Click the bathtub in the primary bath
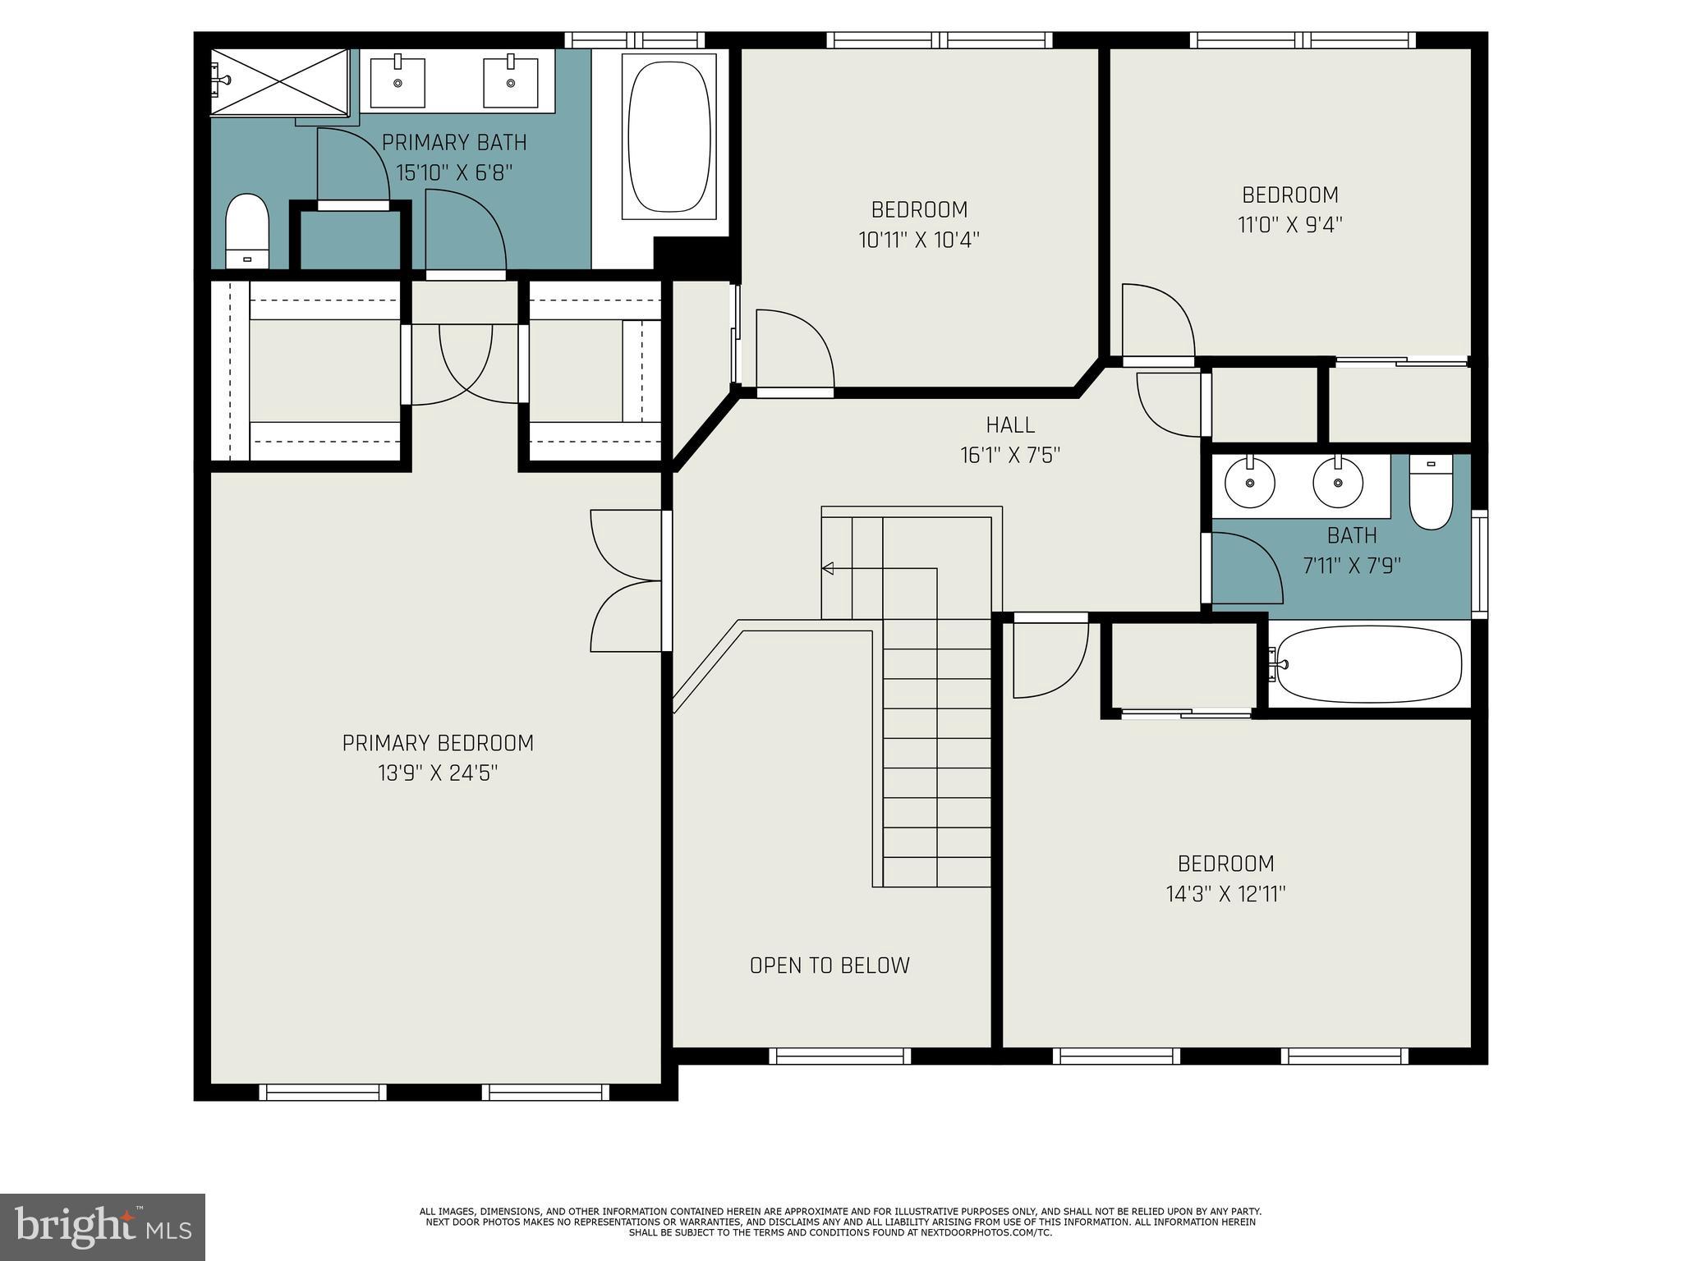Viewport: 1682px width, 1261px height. coord(669,136)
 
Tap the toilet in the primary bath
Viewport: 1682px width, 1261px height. coord(247,231)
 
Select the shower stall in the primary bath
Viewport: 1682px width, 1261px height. coord(279,81)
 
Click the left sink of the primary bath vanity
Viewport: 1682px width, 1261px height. coord(398,80)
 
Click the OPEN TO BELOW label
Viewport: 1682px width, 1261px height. coord(830,965)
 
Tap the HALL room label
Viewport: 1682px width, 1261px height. coord(1010,424)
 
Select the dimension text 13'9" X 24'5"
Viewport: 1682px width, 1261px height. coord(438,773)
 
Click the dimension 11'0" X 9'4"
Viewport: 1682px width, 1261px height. coord(1289,225)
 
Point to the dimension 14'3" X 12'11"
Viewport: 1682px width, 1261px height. coord(1225,894)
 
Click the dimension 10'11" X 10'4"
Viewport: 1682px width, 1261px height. coord(919,240)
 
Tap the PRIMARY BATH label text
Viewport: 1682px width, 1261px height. coord(454,142)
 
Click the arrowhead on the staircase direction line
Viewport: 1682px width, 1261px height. coord(827,568)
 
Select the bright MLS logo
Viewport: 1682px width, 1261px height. coord(102,1227)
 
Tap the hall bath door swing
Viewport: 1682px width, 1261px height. coord(1245,567)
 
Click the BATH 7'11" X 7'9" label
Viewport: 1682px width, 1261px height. coord(1351,550)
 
